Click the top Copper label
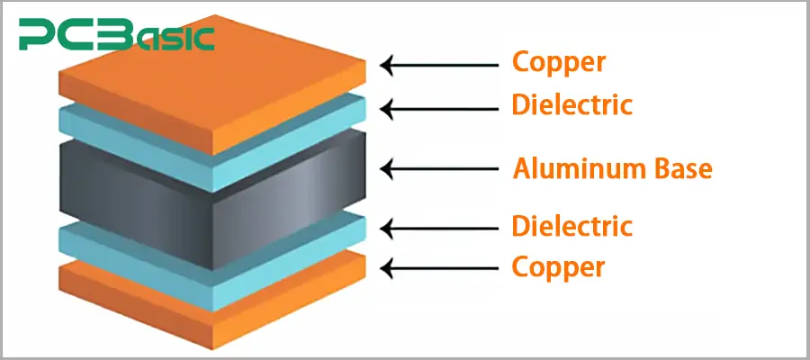click(558, 62)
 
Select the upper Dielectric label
click(571, 104)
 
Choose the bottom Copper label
click(558, 266)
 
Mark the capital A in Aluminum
click(521, 167)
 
